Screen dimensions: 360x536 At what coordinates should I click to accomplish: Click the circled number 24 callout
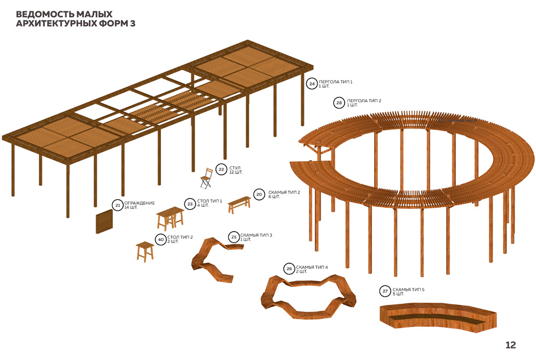coord(312,84)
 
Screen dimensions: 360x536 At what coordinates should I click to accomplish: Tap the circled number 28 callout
coord(339,102)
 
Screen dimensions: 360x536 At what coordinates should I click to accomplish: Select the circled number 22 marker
coord(221,170)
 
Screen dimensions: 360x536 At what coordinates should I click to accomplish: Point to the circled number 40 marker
coord(160,239)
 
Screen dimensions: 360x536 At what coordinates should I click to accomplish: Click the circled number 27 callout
coord(385,291)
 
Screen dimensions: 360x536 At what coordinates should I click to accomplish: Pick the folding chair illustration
coord(205,178)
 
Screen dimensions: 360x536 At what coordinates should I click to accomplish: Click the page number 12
coord(510,344)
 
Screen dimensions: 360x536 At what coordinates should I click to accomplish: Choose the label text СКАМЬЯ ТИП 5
coord(408,289)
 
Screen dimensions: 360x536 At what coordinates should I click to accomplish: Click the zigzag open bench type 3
coord(213,259)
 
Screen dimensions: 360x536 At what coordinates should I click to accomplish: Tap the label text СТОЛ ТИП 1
coord(210,201)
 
